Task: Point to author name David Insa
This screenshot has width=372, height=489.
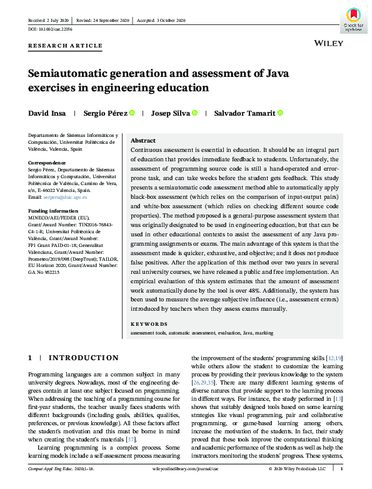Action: click(x=46, y=113)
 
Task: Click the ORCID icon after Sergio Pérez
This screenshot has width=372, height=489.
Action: click(x=133, y=113)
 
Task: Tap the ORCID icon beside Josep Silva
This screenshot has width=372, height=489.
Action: click(x=194, y=113)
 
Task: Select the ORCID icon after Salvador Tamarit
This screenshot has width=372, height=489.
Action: click(x=263, y=113)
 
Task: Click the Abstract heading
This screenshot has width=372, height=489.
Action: click(x=143, y=141)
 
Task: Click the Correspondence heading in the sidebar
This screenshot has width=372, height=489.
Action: click(x=48, y=162)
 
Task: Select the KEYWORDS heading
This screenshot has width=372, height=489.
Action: click(x=149, y=324)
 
